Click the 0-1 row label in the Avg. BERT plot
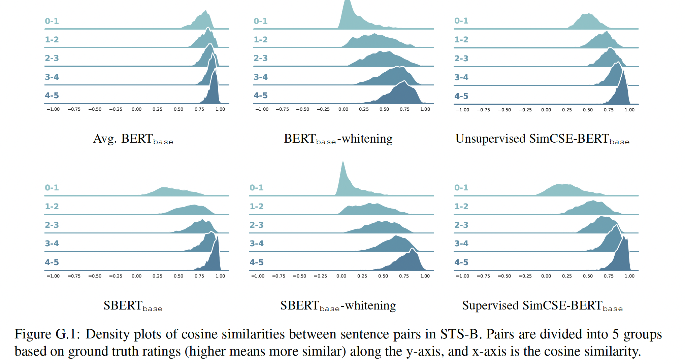click(52, 21)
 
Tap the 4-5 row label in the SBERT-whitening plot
click(256, 262)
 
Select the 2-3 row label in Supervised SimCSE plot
click(461, 225)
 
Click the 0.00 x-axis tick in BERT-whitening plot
click(343, 109)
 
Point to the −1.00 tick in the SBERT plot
click(53, 276)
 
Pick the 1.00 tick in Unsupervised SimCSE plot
click(629, 110)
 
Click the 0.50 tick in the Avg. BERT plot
click(178, 109)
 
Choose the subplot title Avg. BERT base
click(133, 139)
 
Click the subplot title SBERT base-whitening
click(338, 306)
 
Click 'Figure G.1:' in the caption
click(47, 334)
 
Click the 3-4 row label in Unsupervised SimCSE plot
click(461, 77)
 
